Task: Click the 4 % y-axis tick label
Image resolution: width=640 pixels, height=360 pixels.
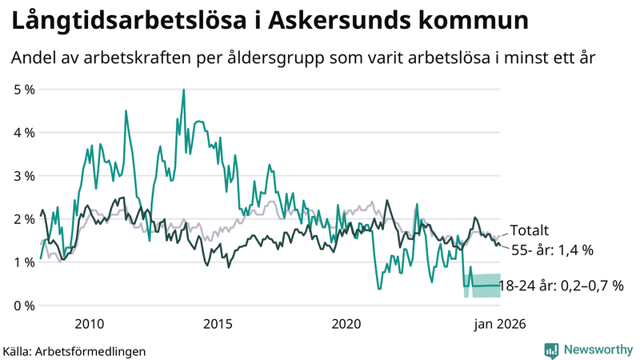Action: [24, 132]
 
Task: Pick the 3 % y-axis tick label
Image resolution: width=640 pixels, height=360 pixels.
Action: [24, 175]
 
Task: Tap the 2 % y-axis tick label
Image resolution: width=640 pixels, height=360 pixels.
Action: [24, 218]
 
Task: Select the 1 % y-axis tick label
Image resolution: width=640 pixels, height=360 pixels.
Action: [24, 262]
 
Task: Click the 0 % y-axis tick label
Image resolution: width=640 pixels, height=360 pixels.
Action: [24, 305]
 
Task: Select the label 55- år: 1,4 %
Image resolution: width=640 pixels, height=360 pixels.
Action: [552, 250]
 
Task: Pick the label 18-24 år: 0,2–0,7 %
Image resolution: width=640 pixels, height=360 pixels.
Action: [560, 285]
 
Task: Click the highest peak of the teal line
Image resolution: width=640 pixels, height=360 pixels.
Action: [184, 90]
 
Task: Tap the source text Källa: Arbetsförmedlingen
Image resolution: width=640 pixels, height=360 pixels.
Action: [74, 350]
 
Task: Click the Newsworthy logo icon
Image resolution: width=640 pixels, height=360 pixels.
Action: [551, 350]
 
